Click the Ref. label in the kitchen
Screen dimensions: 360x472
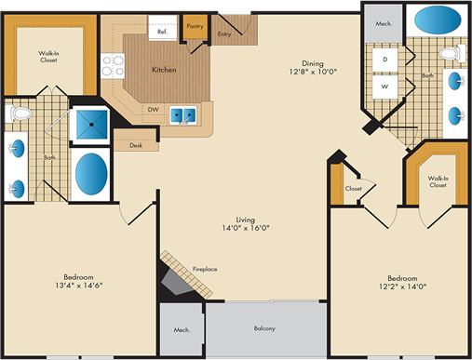(162, 32)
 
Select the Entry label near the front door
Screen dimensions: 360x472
(224, 34)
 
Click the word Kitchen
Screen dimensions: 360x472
(166, 70)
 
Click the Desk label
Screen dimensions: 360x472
(136, 144)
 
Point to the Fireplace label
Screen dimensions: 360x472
(205, 269)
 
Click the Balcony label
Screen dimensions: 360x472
(265, 328)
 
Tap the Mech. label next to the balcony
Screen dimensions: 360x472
(181, 329)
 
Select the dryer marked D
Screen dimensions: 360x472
(384, 60)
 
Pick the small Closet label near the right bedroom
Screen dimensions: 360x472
(355, 187)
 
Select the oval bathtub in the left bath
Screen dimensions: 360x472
(89, 172)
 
